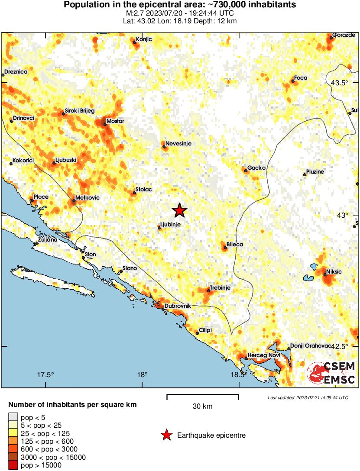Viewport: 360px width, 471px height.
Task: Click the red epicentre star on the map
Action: tap(179, 210)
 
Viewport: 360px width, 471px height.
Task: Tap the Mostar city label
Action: tap(115, 121)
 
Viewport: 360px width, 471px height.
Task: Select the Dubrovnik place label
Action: tap(178, 306)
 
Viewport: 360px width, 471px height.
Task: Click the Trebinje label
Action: tap(220, 287)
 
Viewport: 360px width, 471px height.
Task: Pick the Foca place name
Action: tap(301, 78)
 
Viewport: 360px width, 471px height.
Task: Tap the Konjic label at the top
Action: tap(144, 39)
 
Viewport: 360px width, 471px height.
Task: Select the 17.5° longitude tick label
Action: tap(46, 375)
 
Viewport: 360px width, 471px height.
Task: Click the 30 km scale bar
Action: tap(202, 395)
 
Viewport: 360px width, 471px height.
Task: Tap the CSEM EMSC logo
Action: tap(331, 373)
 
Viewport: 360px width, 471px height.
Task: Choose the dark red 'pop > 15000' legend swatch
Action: tap(13, 465)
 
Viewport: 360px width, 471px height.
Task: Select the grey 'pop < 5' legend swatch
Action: tap(13, 417)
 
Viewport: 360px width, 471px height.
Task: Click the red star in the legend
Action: tap(166, 435)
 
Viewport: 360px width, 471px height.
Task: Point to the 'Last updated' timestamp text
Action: tap(308, 397)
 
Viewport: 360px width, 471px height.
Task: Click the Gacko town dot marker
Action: tap(246, 171)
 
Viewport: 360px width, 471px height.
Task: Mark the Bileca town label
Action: tap(235, 245)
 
